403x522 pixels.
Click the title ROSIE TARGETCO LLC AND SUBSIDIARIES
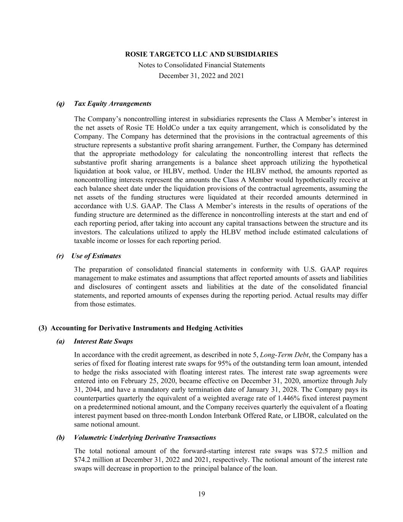[201, 54]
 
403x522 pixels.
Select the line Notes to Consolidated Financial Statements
[201, 65]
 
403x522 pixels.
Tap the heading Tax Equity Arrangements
[113, 104]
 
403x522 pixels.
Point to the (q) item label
[60, 104]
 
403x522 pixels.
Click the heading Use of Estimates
[96, 256]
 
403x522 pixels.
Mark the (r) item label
[60, 256]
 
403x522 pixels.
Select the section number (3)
[43, 328]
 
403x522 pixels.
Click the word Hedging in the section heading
[199, 328]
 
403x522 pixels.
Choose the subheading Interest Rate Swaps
[104, 341]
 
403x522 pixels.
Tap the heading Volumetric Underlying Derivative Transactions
[145, 437]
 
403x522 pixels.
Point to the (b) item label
[60, 437]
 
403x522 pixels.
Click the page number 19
[202, 494]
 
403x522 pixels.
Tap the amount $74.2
[83, 460]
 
